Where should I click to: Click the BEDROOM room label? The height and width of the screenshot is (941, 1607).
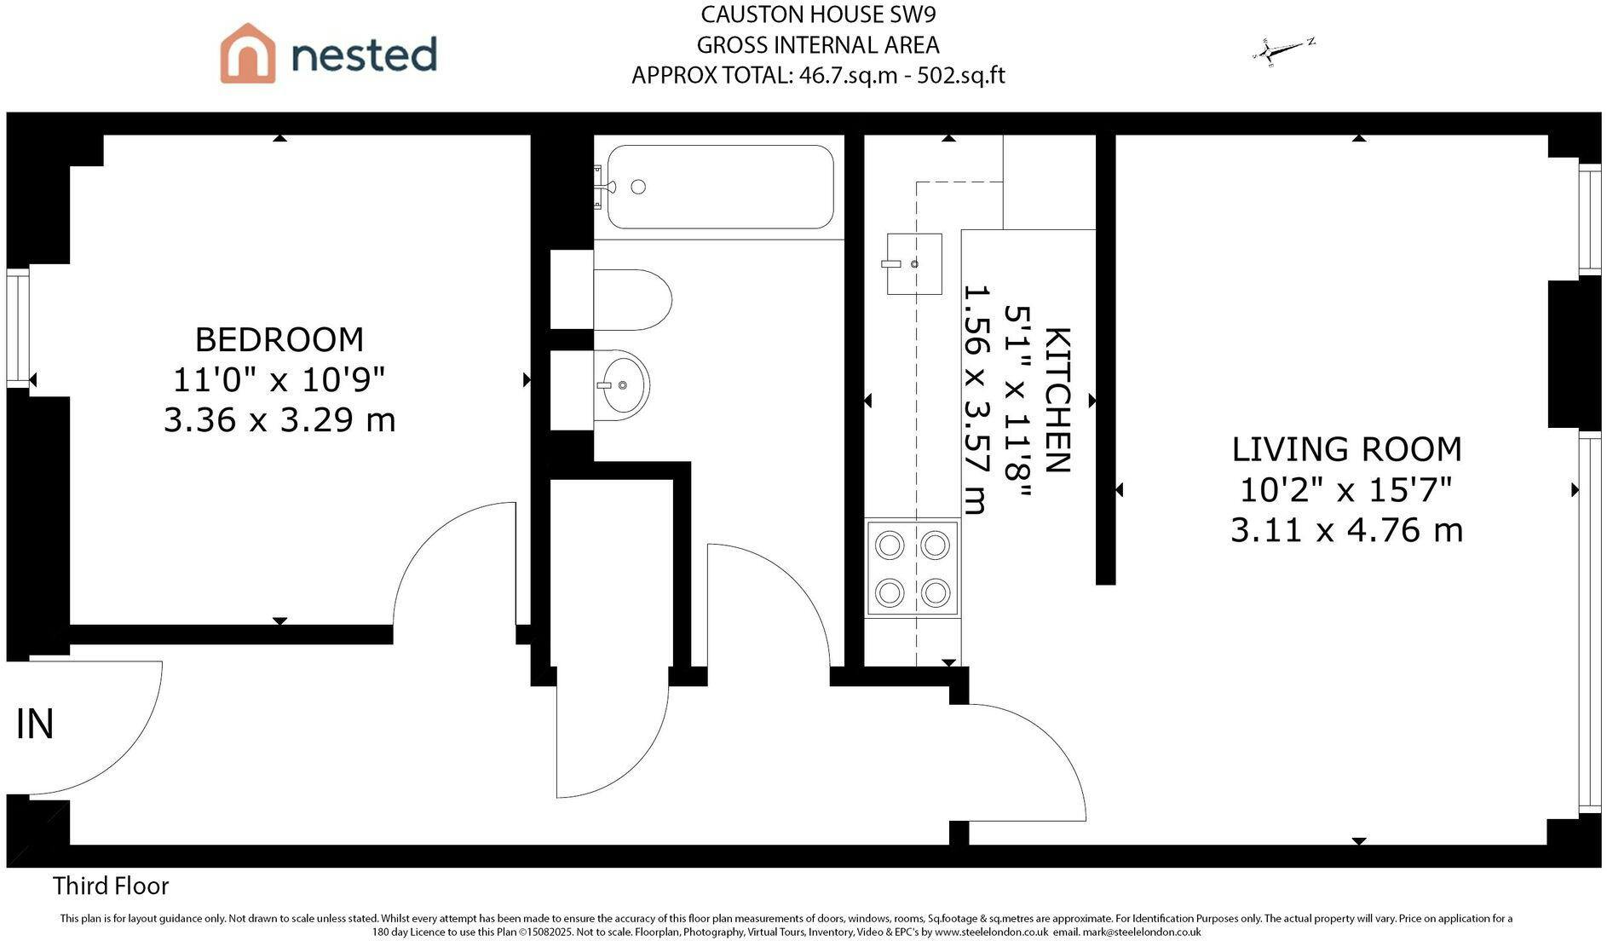point(279,339)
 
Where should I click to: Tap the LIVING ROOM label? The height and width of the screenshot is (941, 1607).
point(1346,449)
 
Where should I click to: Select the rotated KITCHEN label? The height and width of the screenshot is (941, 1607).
point(1057,400)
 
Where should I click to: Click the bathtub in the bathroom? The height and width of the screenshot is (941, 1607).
point(720,187)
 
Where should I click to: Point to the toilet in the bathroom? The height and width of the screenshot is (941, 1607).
point(632,300)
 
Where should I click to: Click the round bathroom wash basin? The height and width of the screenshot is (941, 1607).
point(621,385)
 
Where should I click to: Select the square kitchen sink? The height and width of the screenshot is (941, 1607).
point(914,263)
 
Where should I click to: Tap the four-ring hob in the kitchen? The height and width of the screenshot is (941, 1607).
point(913,569)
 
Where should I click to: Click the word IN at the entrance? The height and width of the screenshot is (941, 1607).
point(35,724)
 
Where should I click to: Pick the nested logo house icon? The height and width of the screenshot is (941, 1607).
point(248,53)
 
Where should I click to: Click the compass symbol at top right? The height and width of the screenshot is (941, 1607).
point(1283,51)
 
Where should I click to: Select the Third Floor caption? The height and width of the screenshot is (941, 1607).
point(111,886)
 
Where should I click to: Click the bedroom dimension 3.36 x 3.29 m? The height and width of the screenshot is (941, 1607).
point(279,420)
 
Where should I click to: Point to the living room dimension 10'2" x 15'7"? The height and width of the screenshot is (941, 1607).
point(1346,490)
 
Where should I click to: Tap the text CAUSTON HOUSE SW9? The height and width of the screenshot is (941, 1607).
point(818,14)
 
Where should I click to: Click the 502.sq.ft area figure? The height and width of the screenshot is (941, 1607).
point(961,76)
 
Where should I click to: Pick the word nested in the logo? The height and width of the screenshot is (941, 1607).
point(364,55)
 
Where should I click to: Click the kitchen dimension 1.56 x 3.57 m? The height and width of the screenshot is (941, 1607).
point(975,400)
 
